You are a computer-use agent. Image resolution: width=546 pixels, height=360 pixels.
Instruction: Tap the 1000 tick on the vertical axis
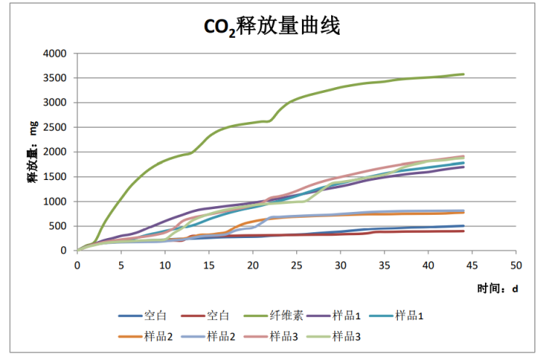coord(56,202)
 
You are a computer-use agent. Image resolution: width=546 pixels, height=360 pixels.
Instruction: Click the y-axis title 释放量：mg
coord(33,152)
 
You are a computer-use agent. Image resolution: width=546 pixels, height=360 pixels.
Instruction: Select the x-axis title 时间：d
coord(497,288)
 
